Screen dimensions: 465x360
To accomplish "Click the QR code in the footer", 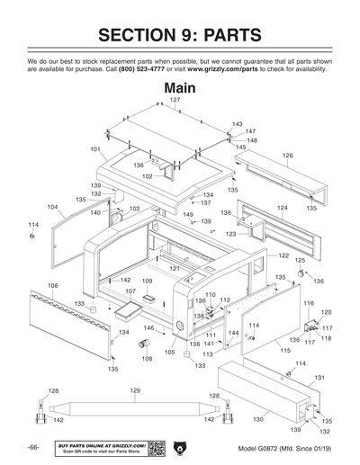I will (155, 447).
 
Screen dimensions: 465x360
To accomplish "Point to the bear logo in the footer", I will (179, 447).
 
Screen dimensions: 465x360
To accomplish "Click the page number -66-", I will (33, 448).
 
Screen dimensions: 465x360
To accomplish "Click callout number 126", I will (287, 156).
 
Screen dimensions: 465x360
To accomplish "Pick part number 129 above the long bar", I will (135, 389).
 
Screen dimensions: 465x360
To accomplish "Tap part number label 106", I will (53, 285).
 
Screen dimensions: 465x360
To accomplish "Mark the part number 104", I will (53, 206).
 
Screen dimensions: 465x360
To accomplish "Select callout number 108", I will (147, 358).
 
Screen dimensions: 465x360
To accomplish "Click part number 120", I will (326, 312).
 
